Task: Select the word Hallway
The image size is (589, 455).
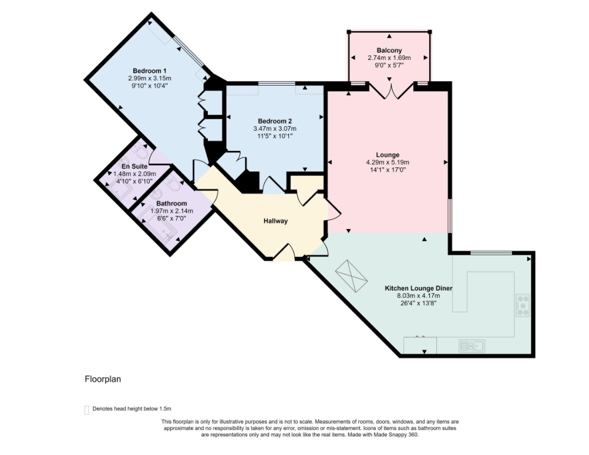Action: (x=275, y=221)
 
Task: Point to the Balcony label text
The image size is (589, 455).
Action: (x=389, y=50)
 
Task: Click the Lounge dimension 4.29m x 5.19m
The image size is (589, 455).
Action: (x=388, y=163)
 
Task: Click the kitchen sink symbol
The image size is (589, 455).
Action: (x=472, y=345)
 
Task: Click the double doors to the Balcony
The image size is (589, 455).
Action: (x=390, y=90)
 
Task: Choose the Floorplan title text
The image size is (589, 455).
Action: (x=103, y=379)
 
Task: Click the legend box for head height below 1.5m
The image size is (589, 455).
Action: (x=87, y=409)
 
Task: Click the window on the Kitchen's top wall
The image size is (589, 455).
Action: (x=490, y=253)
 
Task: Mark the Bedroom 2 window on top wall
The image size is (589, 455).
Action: (x=277, y=84)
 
